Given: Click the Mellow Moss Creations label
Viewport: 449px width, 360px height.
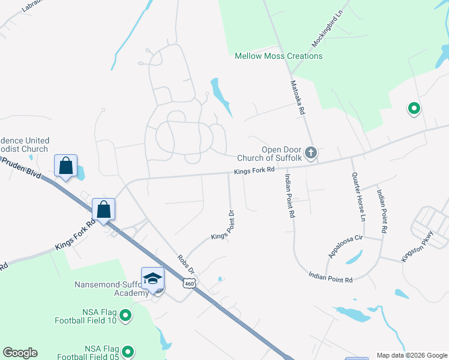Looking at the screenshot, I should click(279, 56).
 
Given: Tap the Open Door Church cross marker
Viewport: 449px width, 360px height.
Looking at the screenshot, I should click(310, 152).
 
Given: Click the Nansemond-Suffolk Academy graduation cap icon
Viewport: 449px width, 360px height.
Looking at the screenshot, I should click(152, 278).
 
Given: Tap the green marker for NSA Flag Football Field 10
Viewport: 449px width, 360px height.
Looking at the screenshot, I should click(125, 315).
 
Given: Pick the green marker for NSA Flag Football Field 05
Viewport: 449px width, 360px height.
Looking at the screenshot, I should click(127, 352).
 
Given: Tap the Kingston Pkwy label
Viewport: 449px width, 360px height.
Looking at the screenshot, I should click(417, 247).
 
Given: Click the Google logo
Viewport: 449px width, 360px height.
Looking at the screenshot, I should click(20, 353).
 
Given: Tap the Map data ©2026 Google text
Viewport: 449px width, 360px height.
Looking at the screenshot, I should click(411, 355).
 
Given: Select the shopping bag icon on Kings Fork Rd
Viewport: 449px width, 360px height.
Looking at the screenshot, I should click(104, 210).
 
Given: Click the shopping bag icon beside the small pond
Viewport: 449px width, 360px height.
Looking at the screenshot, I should click(65, 166).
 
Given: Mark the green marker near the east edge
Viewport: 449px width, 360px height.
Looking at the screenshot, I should click(414, 109).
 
